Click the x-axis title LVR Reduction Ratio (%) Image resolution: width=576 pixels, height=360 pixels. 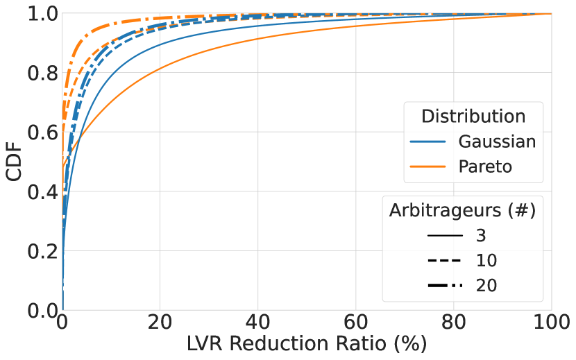[x=307, y=343]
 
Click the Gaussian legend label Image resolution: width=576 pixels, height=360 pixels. [x=497, y=142]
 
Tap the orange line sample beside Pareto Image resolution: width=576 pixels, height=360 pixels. [x=427, y=167]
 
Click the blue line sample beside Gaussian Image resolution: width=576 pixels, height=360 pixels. [x=427, y=142]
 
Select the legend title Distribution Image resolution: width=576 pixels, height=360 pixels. [x=473, y=115]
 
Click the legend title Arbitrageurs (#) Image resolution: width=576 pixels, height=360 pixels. [x=461, y=209]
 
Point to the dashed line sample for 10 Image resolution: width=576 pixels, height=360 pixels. [x=445, y=261]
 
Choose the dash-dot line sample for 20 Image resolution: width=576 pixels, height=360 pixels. [x=445, y=285]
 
